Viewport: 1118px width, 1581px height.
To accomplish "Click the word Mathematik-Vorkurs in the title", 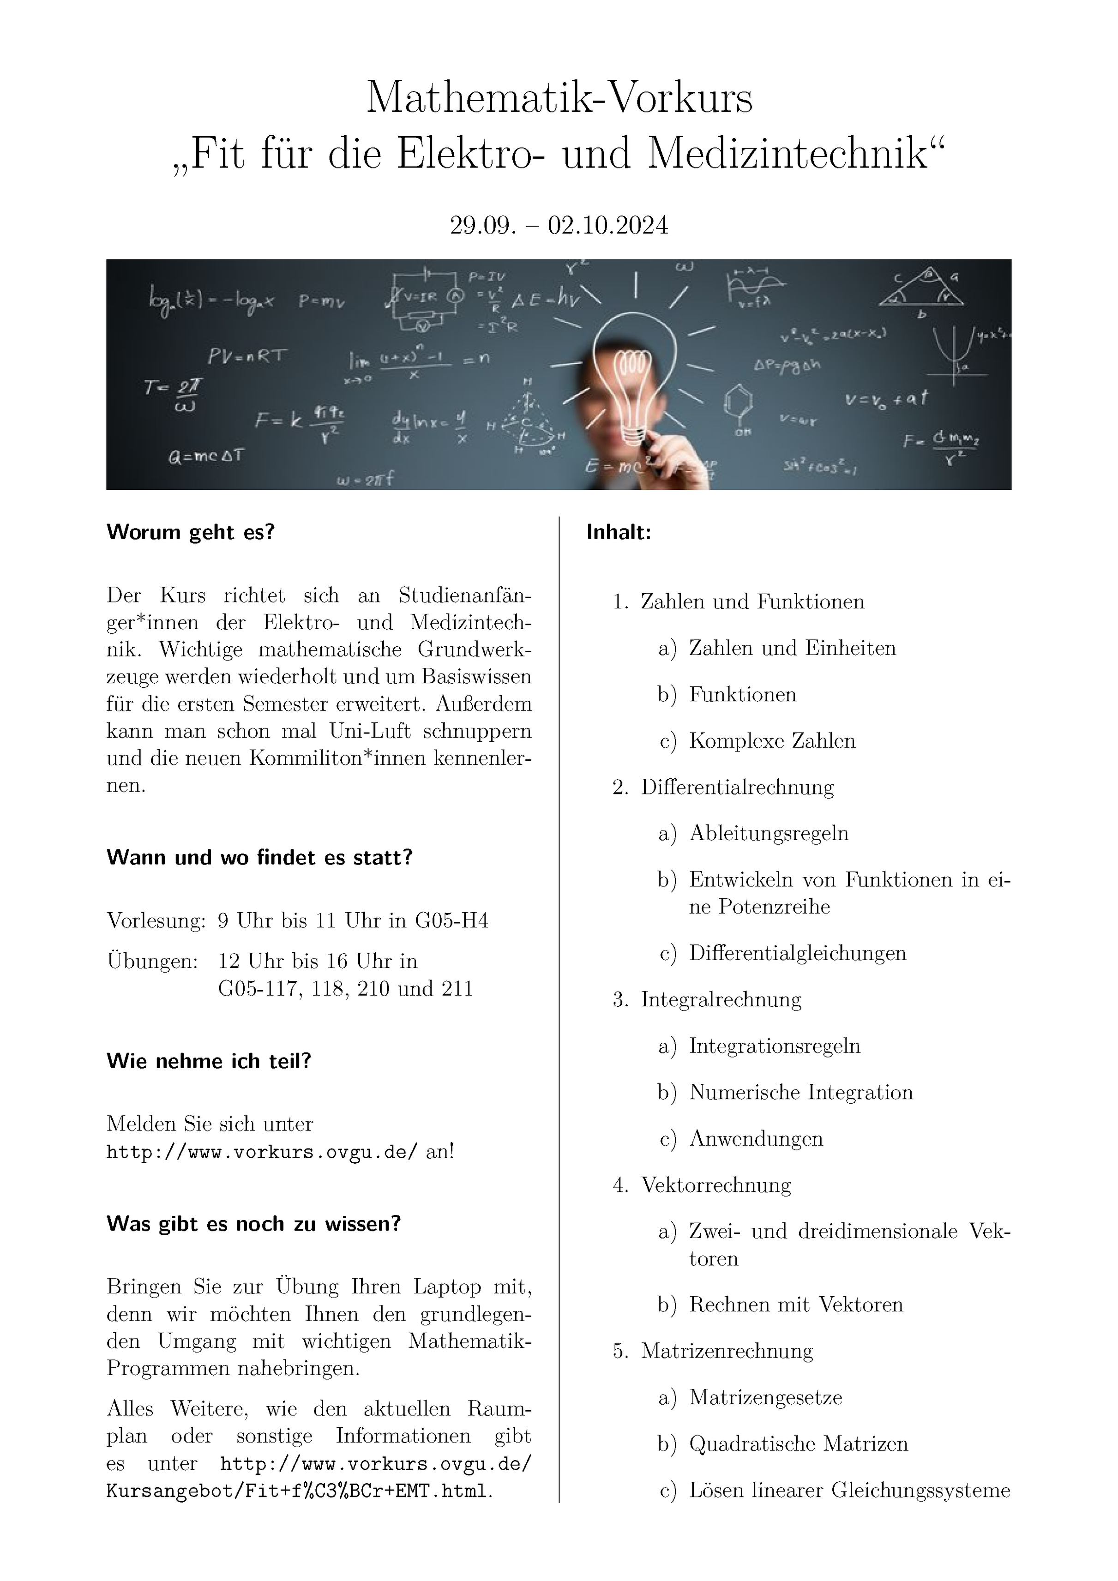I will pos(559,98).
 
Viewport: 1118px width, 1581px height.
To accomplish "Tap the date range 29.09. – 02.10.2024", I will pos(559,225).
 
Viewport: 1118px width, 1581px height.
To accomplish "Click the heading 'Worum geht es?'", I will pos(191,532).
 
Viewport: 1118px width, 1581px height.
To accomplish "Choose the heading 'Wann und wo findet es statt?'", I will pos(259,857).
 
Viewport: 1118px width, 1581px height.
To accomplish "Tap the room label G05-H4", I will pos(451,920).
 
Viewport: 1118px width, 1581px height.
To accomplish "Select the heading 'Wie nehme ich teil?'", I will pos(209,1061).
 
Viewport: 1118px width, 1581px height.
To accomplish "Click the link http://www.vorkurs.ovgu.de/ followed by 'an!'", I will pos(262,1152).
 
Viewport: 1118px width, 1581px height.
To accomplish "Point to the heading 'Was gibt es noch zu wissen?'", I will pos(253,1224).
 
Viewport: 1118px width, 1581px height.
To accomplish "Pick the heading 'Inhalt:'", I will pos(618,532).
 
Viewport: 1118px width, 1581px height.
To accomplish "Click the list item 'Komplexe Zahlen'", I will pos(772,741).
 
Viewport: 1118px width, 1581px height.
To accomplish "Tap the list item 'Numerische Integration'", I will pos(800,1092).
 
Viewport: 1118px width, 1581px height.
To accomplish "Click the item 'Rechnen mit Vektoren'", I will pos(796,1304).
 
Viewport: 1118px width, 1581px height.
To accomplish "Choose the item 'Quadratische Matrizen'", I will pos(799,1443).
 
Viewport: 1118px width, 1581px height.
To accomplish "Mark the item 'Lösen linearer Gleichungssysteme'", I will pos(849,1490).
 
